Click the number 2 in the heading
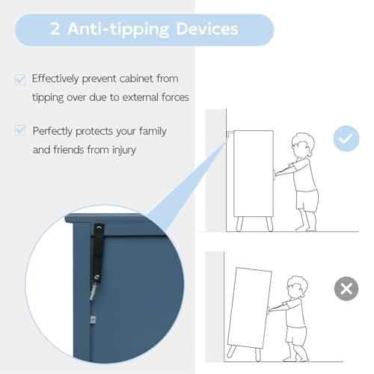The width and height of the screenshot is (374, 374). pyautogui.click(x=55, y=28)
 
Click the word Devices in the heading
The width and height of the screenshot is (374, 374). pyautogui.click(x=207, y=28)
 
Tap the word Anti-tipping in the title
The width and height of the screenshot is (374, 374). pyautogui.click(x=118, y=29)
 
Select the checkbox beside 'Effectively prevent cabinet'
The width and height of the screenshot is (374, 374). pyautogui.click(x=20, y=79)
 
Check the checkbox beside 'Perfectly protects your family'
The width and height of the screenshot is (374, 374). pyautogui.click(x=20, y=130)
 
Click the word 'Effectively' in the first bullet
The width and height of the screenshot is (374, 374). pyautogui.click(x=55, y=79)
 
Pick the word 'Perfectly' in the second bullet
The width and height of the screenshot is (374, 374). pyautogui.click(x=52, y=132)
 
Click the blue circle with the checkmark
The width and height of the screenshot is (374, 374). pyautogui.click(x=346, y=138)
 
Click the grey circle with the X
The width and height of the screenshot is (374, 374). pyautogui.click(x=346, y=289)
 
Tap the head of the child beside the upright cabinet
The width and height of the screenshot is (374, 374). pyautogui.click(x=302, y=145)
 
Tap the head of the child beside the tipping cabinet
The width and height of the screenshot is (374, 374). pyautogui.click(x=297, y=286)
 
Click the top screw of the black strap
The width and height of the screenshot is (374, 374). pyautogui.click(x=99, y=228)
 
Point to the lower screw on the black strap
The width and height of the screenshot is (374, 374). pyautogui.click(x=97, y=277)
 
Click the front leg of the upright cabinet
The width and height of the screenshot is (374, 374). pyautogui.click(x=269, y=224)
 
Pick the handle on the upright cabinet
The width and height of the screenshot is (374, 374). pyautogui.click(x=275, y=175)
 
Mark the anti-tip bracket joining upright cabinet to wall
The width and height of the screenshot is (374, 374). pyautogui.click(x=230, y=133)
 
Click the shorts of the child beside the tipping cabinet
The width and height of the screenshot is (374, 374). pyautogui.click(x=295, y=335)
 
